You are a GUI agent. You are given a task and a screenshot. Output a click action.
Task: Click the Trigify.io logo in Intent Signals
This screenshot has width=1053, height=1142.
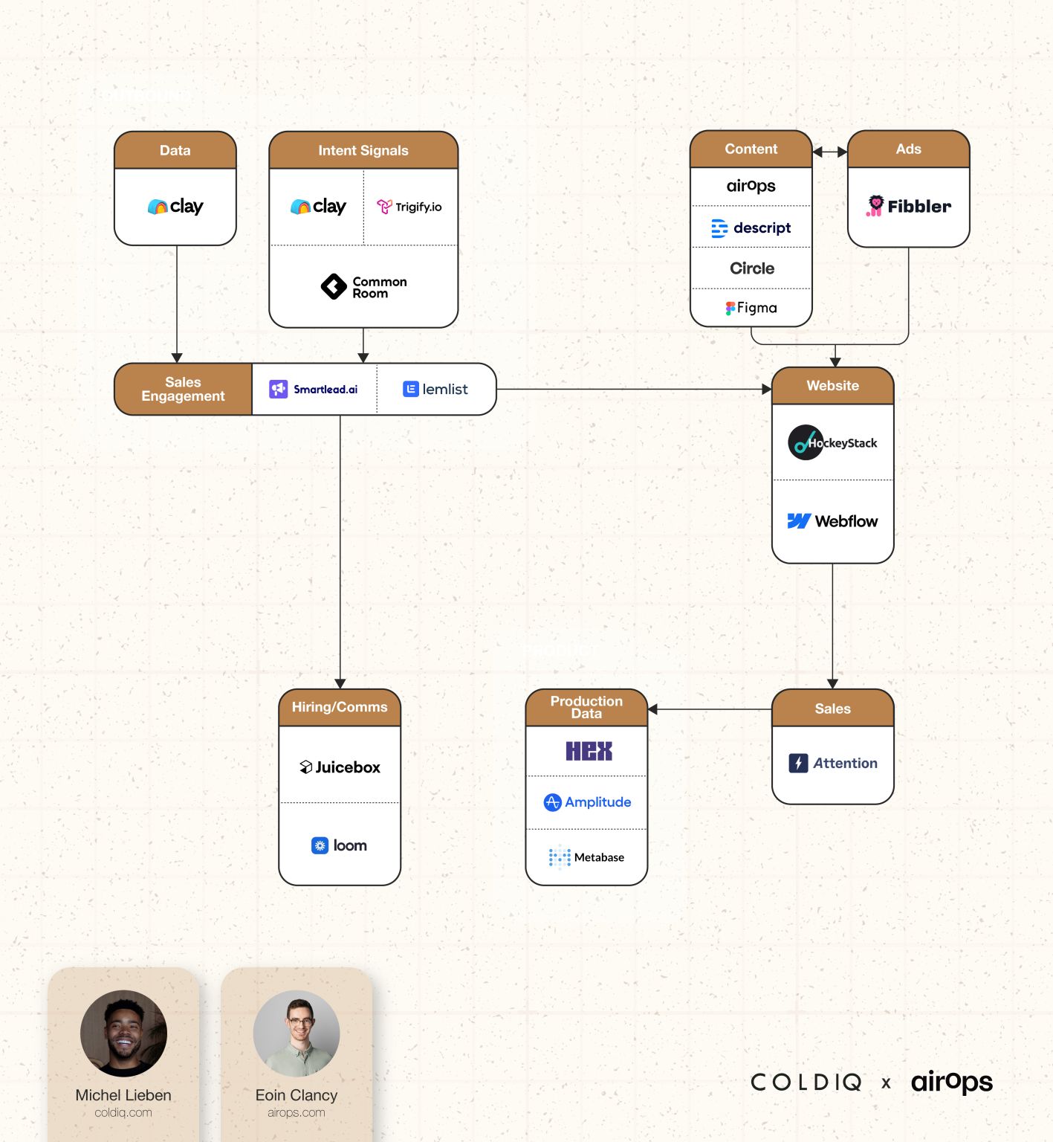(409, 207)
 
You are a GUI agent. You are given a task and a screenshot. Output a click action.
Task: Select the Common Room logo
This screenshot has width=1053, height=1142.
(363, 287)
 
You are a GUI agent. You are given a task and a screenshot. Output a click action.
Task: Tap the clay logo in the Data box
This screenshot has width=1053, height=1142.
(175, 207)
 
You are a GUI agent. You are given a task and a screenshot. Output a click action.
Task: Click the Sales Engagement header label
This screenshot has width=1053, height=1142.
(183, 389)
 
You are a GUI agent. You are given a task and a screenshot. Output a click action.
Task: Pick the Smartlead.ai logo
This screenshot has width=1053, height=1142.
(314, 389)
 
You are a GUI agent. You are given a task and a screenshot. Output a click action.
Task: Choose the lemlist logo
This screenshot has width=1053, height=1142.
(435, 389)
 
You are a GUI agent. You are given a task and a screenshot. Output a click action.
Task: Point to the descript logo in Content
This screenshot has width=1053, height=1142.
(751, 228)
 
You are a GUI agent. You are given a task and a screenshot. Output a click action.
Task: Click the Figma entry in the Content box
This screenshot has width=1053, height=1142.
(751, 308)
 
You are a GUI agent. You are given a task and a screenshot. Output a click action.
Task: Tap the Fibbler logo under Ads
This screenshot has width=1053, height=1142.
(908, 206)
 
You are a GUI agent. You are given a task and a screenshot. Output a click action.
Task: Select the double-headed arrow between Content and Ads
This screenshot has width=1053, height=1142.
(829, 152)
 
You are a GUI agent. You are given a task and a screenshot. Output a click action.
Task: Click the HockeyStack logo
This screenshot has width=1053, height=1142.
(832, 442)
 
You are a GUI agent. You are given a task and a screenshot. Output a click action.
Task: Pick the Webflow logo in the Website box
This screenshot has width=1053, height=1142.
(832, 521)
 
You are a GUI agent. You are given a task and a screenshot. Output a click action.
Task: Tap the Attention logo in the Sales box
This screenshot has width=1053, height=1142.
(832, 763)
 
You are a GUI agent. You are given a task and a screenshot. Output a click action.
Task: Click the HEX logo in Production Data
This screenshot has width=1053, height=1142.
(589, 751)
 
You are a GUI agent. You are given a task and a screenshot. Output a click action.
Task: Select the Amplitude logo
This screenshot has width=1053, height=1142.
(587, 802)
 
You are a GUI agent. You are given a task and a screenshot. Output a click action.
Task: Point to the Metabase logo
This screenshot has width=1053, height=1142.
(586, 857)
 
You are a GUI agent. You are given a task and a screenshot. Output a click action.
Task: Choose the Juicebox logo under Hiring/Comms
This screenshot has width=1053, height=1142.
(340, 767)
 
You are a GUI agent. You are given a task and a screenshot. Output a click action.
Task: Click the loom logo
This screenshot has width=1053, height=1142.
(339, 845)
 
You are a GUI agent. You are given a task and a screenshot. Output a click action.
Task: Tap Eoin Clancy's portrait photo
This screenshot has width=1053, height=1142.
(297, 1033)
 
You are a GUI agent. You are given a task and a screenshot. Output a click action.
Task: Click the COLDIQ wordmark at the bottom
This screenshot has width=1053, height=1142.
(806, 1082)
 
